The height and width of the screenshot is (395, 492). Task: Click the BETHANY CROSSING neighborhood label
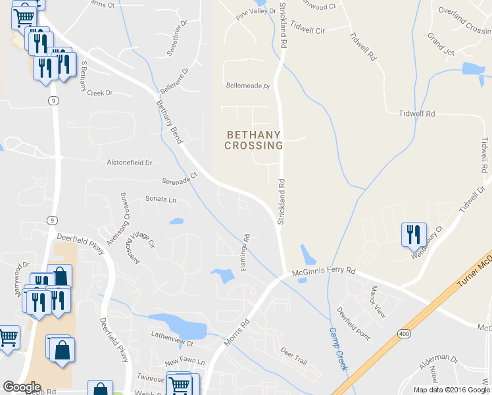pos(254,140)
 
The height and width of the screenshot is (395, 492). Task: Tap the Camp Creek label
pos(338,350)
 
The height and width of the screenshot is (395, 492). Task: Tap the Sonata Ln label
pos(161,199)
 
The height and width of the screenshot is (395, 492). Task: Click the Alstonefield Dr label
pos(130,162)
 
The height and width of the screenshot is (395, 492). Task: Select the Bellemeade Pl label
pos(248,86)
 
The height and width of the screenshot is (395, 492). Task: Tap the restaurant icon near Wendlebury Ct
pos(412,234)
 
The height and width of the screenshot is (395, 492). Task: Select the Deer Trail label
pos(293,360)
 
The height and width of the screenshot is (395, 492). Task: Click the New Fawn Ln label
pos(185,362)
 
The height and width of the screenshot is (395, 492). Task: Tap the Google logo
pos(22,387)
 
